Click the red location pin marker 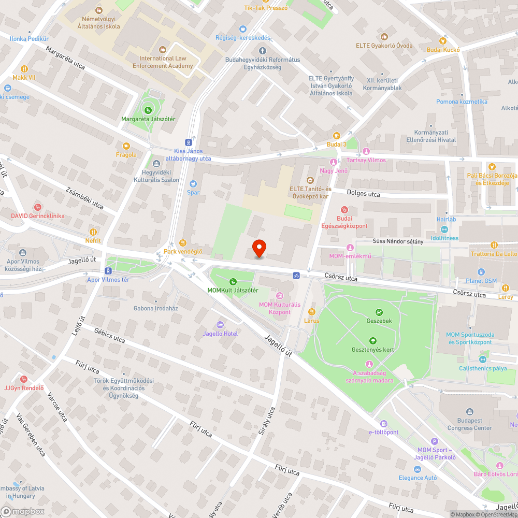pos(258,249)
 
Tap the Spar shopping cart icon pos(193,183)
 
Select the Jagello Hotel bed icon pos(220,324)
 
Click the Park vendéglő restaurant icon pos(182,242)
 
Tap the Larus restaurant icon pos(312,312)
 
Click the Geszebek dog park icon pos(379,312)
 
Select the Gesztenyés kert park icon pos(372,340)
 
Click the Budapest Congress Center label pos(470,424)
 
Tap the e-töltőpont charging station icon pos(383,423)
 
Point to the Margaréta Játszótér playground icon pos(148,110)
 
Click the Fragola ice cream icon pos(126,146)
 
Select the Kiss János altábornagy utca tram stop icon pos(188,142)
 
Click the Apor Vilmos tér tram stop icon pos(108,271)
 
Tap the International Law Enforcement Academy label pos(163,62)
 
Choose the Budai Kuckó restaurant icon pos(443,40)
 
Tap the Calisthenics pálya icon pos(483,359)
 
